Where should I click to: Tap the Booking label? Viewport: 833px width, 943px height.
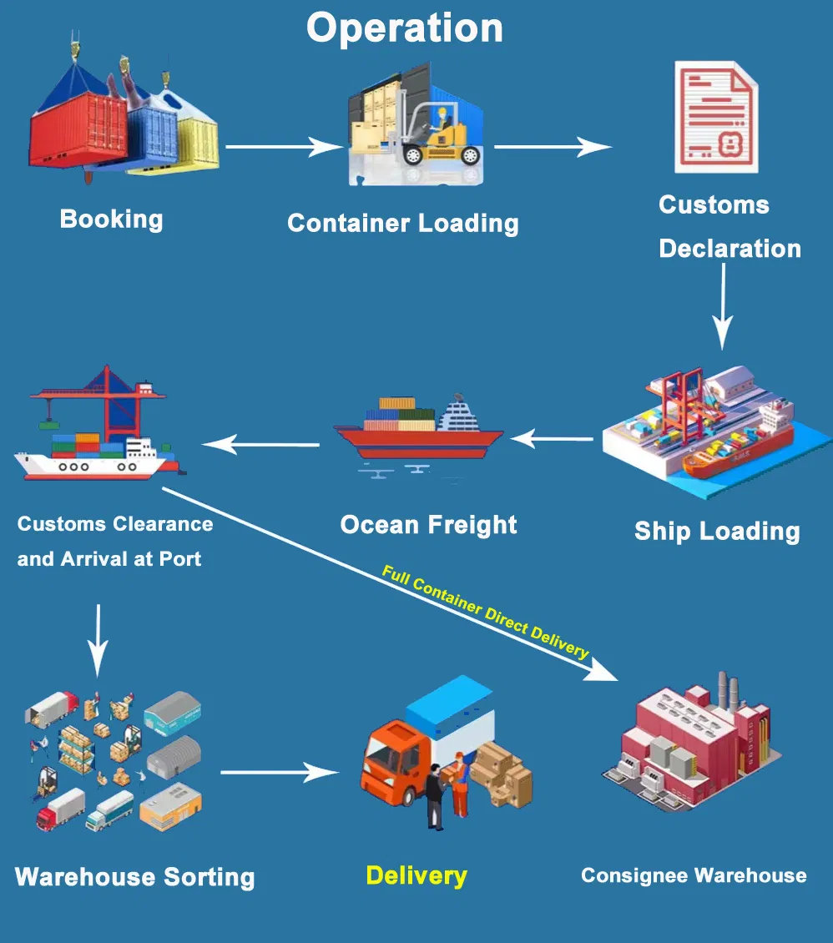tap(111, 219)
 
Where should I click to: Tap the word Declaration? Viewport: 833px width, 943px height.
tap(730, 249)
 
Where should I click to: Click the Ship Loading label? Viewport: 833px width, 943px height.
tap(717, 531)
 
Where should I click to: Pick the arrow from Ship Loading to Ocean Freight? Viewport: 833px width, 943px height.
tap(555, 437)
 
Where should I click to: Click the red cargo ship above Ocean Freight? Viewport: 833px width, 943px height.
tap(417, 430)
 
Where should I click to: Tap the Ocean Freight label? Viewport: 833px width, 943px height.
tap(428, 525)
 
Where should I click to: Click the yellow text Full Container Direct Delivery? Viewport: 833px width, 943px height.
tap(485, 612)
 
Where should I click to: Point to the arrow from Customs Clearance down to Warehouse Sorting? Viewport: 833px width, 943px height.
tap(98, 638)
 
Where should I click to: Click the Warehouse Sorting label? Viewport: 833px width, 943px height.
tap(134, 877)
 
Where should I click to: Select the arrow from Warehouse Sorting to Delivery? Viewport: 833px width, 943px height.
tap(280, 772)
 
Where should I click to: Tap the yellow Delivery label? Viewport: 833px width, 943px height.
tap(416, 875)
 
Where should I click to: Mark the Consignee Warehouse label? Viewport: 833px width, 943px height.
tap(694, 875)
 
